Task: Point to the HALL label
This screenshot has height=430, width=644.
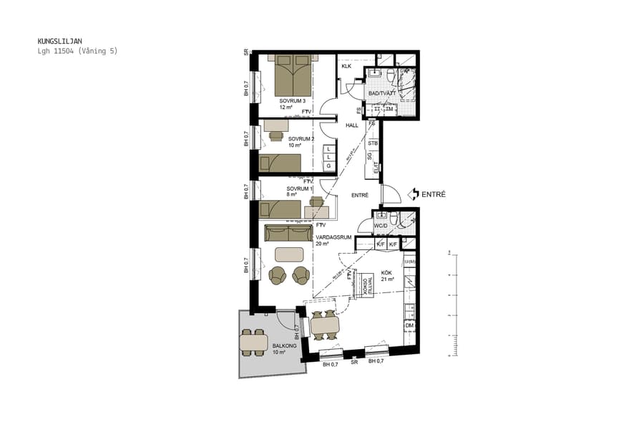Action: [351, 125]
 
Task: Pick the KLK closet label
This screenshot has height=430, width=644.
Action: [346, 67]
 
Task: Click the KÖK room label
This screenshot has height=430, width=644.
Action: [386, 272]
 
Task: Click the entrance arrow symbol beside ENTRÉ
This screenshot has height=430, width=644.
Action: [414, 194]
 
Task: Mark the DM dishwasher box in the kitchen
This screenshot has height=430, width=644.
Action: [409, 326]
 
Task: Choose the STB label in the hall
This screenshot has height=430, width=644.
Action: [373, 143]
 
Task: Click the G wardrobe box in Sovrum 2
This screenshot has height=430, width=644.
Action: [328, 166]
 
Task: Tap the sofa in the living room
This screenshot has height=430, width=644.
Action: [287, 234]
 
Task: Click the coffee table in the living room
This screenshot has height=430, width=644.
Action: [288, 254]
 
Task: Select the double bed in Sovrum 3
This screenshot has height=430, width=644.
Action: [293, 77]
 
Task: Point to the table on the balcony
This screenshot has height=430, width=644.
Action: [254, 343]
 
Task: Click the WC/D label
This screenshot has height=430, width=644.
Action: [381, 226]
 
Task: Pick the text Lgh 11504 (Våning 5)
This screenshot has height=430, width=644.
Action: [77, 52]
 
